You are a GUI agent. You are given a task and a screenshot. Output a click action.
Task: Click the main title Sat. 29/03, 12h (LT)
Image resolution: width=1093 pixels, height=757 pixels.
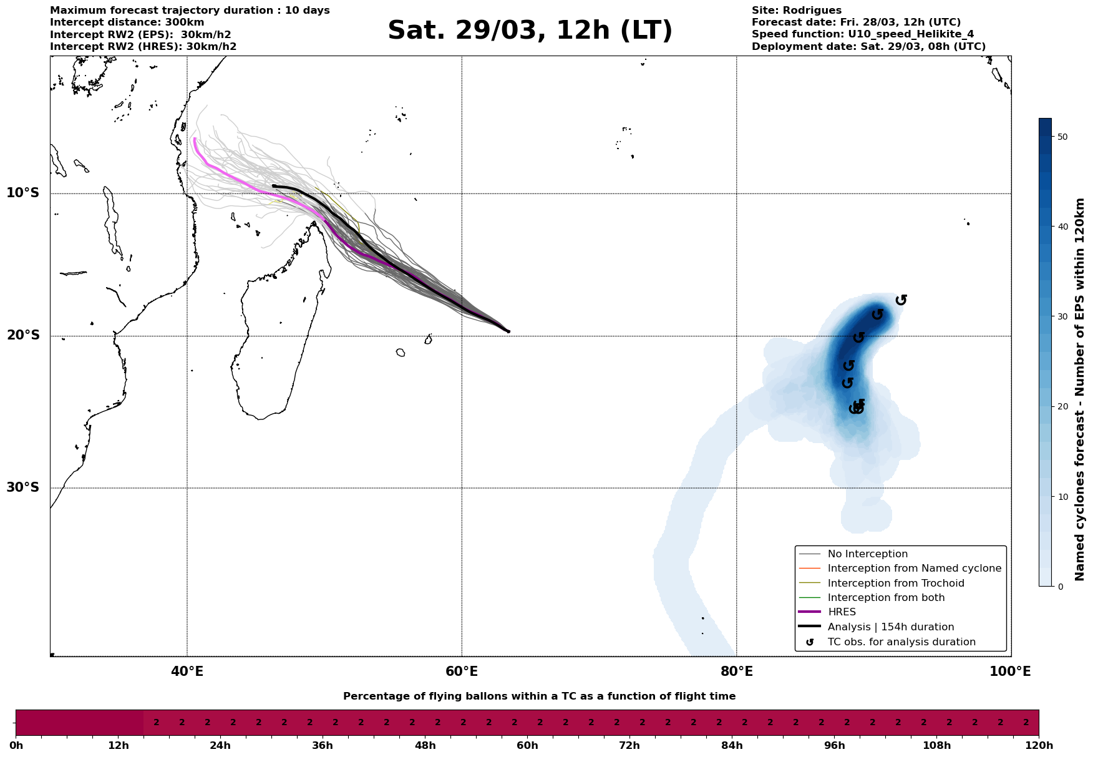pyautogui.click(x=530, y=31)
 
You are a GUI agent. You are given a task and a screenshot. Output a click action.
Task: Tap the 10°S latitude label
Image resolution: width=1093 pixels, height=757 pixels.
pyautogui.click(x=23, y=193)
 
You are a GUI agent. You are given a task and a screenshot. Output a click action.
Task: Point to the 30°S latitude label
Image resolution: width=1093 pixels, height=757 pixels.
pyautogui.click(x=23, y=487)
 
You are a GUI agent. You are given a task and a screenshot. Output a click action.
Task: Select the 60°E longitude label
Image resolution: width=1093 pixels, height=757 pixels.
pyautogui.click(x=462, y=672)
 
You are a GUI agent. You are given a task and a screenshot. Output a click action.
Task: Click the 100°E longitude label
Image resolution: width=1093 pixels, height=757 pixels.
pyautogui.click(x=1010, y=672)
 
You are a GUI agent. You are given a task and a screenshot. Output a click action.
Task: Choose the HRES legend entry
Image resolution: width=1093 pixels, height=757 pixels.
pyautogui.click(x=842, y=612)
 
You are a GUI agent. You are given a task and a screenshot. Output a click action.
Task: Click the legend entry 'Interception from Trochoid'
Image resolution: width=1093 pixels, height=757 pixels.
pyautogui.click(x=895, y=584)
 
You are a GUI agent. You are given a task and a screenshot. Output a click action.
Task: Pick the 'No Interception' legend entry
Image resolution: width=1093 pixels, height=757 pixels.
pyautogui.click(x=867, y=554)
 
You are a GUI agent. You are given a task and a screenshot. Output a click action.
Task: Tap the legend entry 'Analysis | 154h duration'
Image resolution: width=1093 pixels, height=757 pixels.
pyautogui.click(x=890, y=627)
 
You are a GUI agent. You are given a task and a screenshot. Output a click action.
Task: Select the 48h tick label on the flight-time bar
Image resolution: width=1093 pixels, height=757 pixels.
pyautogui.click(x=425, y=746)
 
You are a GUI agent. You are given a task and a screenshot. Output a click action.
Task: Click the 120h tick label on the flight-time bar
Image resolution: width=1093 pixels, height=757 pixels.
pyautogui.click(x=1038, y=746)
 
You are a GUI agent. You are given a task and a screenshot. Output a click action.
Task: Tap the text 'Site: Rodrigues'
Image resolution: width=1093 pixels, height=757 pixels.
pyautogui.click(x=796, y=11)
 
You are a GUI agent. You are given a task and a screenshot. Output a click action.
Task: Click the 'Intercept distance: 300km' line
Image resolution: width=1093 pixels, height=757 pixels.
pyautogui.click(x=127, y=22)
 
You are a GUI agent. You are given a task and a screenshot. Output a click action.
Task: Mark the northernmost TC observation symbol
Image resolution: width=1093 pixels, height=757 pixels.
pyautogui.click(x=901, y=300)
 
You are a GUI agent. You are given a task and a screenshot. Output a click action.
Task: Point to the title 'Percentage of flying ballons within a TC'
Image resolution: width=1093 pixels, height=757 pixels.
pyautogui.click(x=539, y=696)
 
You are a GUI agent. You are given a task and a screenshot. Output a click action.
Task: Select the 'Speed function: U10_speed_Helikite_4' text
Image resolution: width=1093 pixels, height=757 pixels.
pyautogui.click(x=862, y=34)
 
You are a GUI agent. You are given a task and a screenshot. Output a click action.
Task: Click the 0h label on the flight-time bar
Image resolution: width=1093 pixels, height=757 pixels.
pyautogui.click(x=16, y=746)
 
